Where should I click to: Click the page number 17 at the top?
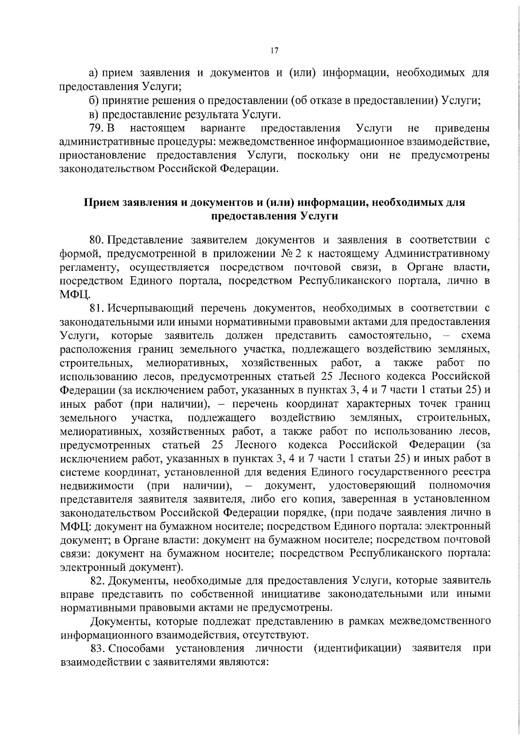(274, 51)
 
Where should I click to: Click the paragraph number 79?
(96, 128)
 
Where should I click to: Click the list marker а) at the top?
(93, 73)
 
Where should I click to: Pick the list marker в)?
(93, 115)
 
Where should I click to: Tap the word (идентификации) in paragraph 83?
(357, 648)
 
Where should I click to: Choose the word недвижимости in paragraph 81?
(97, 485)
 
